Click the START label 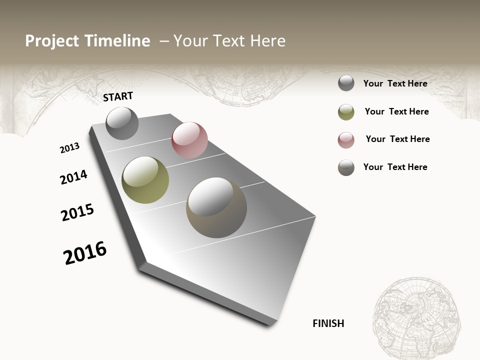tap(118, 96)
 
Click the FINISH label tap(328, 323)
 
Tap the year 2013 tap(69, 148)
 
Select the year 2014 tap(73, 177)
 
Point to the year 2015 tap(77, 212)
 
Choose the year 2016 tap(85, 253)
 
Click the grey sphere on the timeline tap(122, 123)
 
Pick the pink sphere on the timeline tap(189, 140)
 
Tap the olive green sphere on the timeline tap(145, 179)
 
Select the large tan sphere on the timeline tap(216, 207)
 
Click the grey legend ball tap(346, 83)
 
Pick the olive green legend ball tap(346, 112)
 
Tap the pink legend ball tap(346, 140)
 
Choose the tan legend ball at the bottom tap(346, 167)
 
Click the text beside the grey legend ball tap(395, 83)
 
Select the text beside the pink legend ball tap(397, 139)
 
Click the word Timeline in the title tap(117, 41)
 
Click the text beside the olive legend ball tap(396, 111)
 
